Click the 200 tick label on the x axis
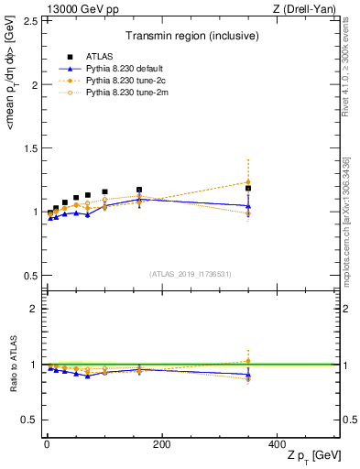tap(162, 443)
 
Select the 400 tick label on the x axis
tap(278, 443)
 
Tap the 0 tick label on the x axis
tap(47, 443)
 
